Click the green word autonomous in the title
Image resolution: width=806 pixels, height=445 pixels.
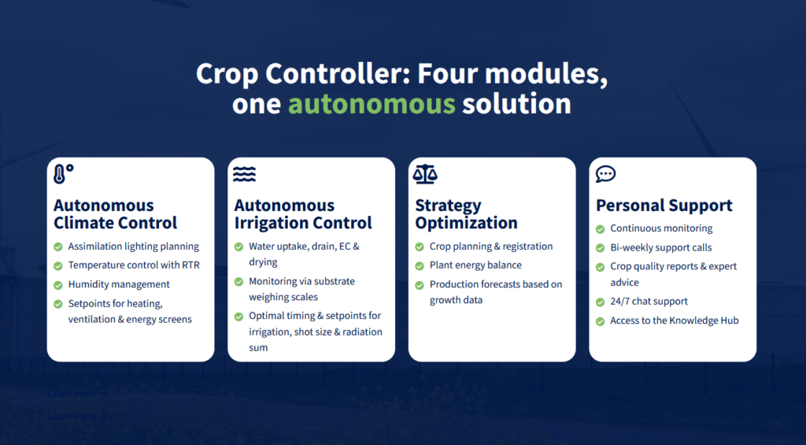pyautogui.click(x=372, y=104)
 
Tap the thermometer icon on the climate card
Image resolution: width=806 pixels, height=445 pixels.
pyautogui.click(x=60, y=174)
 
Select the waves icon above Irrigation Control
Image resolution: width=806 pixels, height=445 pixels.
pyautogui.click(x=244, y=174)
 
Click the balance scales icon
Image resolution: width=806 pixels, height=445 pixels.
pyautogui.click(x=425, y=174)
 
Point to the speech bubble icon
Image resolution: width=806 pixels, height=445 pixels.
pyautogui.click(x=605, y=174)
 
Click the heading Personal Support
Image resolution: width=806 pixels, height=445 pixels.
pyautogui.click(x=664, y=206)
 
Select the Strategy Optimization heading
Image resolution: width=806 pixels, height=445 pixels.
pyautogui.click(x=466, y=214)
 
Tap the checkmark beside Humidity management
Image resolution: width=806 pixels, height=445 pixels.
pyautogui.click(x=58, y=284)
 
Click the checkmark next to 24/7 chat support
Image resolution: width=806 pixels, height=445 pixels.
pyautogui.click(x=600, y=302)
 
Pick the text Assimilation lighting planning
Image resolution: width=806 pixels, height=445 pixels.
pyautogui.click(x=134, y=247)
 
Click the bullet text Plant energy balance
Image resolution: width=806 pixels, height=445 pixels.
pyautogui.click(x=475, y=265)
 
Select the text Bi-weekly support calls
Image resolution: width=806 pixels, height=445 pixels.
pyautogui.click(x=661, y=247)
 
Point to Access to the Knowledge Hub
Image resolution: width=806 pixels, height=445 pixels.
pyautogui.click(x=675, y=321)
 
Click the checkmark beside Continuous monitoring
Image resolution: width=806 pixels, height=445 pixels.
pyautogui.click(x=600, y=229)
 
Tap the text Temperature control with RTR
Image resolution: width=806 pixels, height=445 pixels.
pyautogui.click(x=134, y=265)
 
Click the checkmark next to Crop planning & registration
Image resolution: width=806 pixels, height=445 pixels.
pyautogui.click(x=420, y=247)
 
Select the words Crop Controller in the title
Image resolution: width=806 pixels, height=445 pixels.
pyautogui.click(x=301, y=74)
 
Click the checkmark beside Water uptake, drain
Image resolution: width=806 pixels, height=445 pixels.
pyautogui.click(x=238, y=247)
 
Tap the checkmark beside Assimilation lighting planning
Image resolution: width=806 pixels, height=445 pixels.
pyautogui.click(x=58, y=247)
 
